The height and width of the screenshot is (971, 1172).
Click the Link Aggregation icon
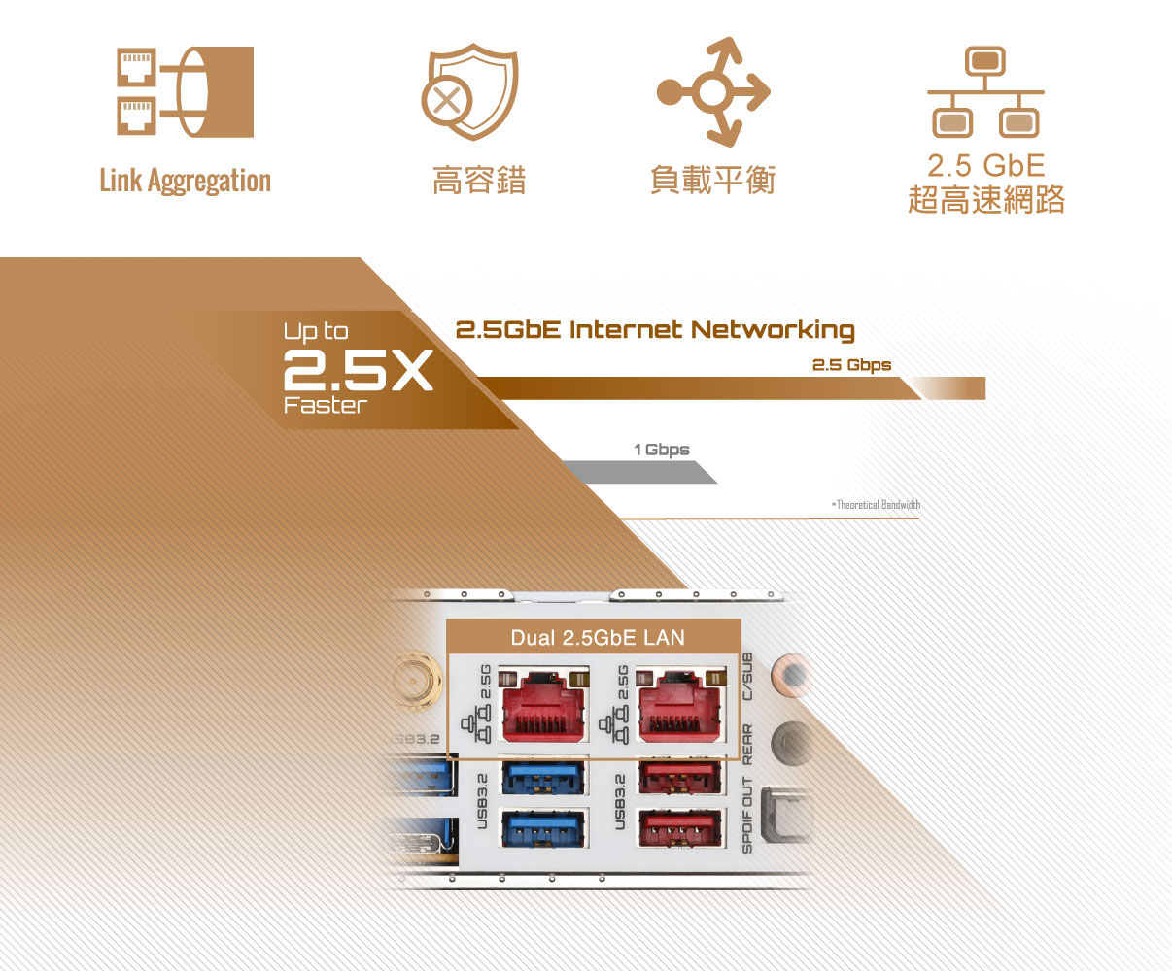[x=186, y=91]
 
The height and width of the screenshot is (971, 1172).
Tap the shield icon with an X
[x=470, y=91]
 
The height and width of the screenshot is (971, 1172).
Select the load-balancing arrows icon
[x=713, y=91]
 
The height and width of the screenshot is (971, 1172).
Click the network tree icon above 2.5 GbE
[x=985, y=92]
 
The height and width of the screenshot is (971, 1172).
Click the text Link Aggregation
[x=186, y=181]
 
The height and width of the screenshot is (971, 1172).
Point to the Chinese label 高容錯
[x=479, y=180]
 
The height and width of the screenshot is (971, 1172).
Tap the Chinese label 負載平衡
[x=713, y=180]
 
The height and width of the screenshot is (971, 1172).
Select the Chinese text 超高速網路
[x=986, y=200]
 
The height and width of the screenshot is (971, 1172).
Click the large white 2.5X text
[x=358, y=370]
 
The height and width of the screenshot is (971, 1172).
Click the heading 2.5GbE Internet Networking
[x=655, y=330]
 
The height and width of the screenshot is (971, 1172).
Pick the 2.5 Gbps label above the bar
[x=851, y=365]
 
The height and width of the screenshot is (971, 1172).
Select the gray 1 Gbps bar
[x=638, y=472]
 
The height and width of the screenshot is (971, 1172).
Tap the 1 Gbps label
[x=661, y=450]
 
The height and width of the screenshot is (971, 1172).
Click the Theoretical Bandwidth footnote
[x=877, y=505]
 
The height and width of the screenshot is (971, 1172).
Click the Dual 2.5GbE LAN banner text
[x=598, y=638]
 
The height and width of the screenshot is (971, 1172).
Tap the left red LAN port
[x=543, y=706]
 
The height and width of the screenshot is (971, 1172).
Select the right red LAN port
[x=680, y=706]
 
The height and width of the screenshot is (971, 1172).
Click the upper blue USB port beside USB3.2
[x=543, y=778]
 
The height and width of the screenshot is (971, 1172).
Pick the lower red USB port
[x=679, y=828]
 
